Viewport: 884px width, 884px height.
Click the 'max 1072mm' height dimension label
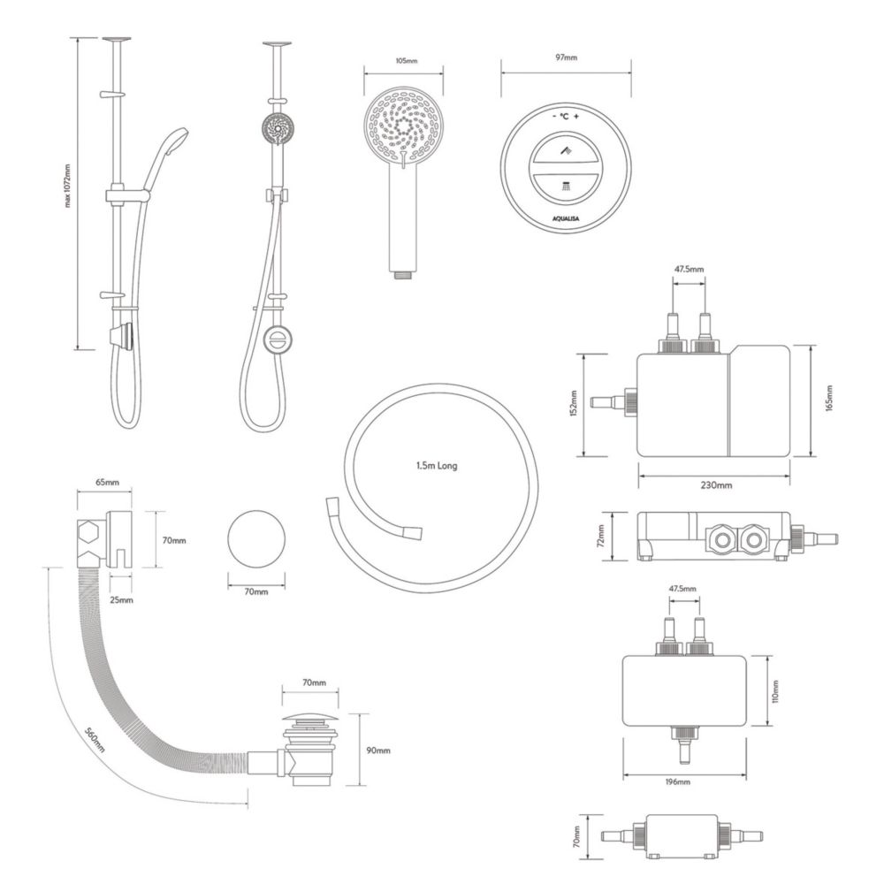tap(68, 186)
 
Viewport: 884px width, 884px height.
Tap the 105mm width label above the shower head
tap(406, 60)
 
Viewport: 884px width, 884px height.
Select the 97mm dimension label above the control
tap(566, 57)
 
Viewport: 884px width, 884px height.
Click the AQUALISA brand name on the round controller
tap(566, 218)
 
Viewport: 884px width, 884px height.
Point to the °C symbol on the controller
tap(564, 117)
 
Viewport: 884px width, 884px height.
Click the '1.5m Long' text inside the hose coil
tap(437, 466)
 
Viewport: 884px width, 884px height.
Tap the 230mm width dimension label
tap(716, 484)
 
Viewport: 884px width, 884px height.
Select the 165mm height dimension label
tap(829, 398)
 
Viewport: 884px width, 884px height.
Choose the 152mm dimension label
tap(574, 403)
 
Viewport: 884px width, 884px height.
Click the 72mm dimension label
tap(600, 537)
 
